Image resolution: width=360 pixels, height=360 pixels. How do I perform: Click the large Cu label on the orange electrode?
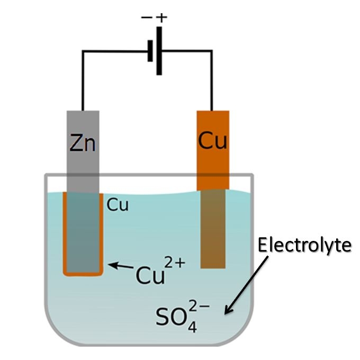(213, 140)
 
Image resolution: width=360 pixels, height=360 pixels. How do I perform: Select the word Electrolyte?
(304, 246)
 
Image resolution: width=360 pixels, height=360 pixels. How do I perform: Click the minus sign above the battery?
(146, 18)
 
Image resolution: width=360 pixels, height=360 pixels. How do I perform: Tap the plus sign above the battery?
(161, 17)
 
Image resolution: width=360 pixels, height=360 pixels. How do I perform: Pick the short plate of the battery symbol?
(150, 51)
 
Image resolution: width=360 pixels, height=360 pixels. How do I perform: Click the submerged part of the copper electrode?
(213, 228)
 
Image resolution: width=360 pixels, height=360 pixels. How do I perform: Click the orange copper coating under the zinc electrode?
(83, 273)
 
